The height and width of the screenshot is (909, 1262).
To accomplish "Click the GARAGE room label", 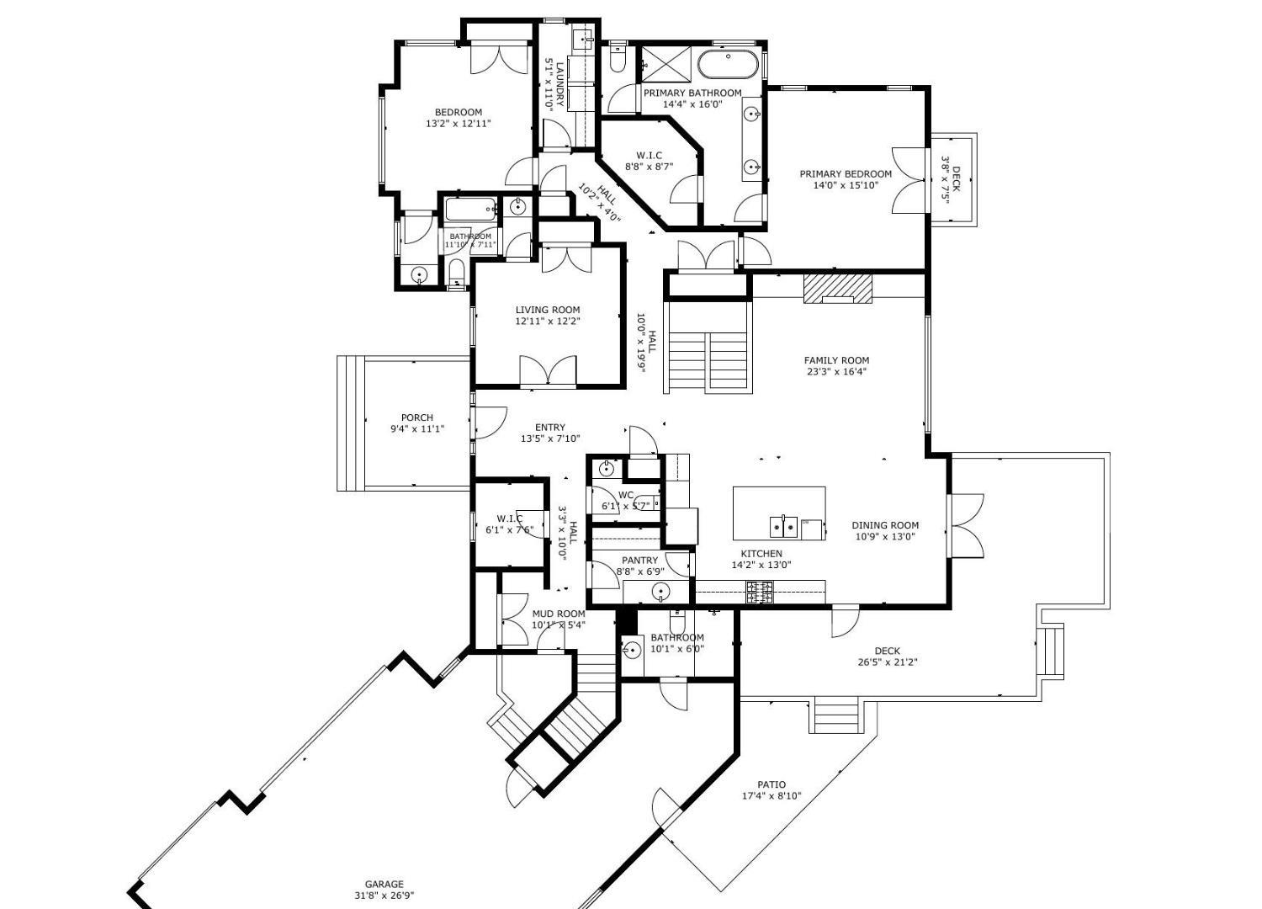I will click(x=384, y=885).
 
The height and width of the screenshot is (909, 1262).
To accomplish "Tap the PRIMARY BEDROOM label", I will click(x=846, y=174).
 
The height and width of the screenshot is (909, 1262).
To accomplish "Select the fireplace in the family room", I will click(x=838, y=289).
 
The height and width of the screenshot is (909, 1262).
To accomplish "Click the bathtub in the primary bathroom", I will click(x=729, y=63).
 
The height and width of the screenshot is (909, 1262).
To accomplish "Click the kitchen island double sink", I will click(x=783, y=527).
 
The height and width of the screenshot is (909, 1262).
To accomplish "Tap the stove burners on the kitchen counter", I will click(x=761, y=593).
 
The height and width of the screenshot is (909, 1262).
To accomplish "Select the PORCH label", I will click(x=417, y=417).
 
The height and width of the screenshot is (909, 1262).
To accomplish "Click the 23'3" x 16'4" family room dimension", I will click(x=837, y=371).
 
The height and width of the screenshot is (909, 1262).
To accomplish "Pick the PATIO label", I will click(x=772, y=785).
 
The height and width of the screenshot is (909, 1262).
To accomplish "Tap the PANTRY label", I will click(x=639, y=561).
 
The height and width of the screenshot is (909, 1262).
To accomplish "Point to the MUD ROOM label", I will click(x=558, y=614).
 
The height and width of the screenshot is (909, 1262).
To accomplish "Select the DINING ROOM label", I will click(x=884, y=525).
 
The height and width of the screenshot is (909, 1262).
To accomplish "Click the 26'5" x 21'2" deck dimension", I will click(x=888, y=662).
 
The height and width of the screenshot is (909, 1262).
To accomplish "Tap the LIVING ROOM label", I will click(x=548, y=310).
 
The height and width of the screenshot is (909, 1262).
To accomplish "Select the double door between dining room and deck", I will click(x=966, y=524).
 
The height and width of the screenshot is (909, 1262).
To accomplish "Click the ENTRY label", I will click(x=550, y=428).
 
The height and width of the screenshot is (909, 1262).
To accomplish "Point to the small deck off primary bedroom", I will click(x=954, y=179).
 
